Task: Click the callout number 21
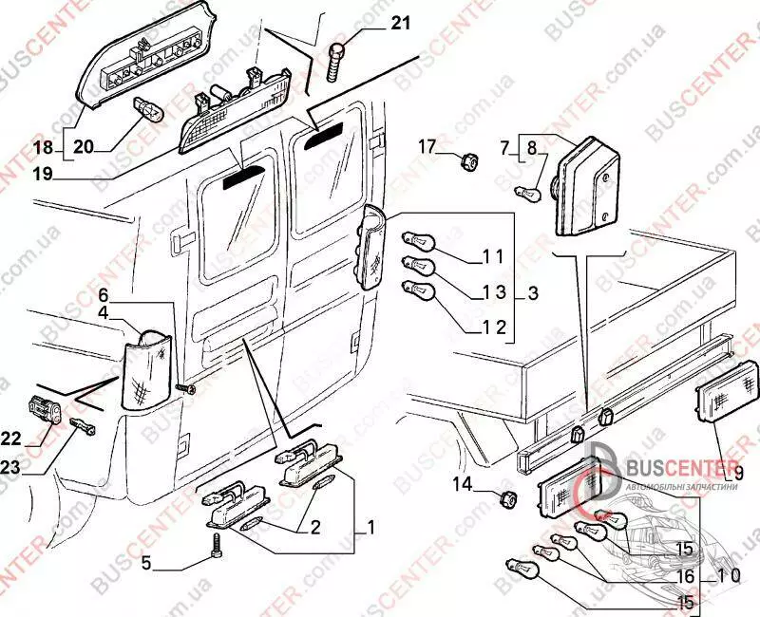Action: tap(400, 23)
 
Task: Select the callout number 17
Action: tap(426, 147)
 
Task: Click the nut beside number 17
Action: tap(467, 163)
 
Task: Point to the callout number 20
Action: tap(85, 146)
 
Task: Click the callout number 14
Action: tap(461, 484)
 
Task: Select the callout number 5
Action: tap(146, 563)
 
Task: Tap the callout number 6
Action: tap(104, 294)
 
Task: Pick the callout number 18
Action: tap(45, 146)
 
